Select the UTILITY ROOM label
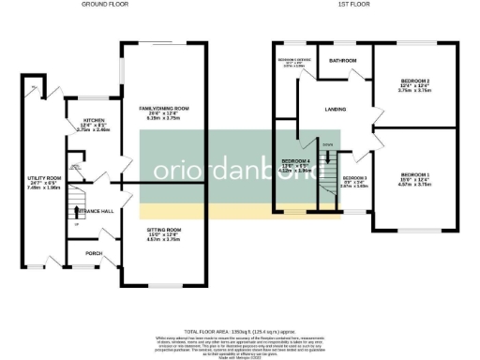[43, 176]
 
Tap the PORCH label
[95, 253]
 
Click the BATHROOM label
[343, 61]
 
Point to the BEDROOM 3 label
[354, 178]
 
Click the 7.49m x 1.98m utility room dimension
[43, 187]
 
